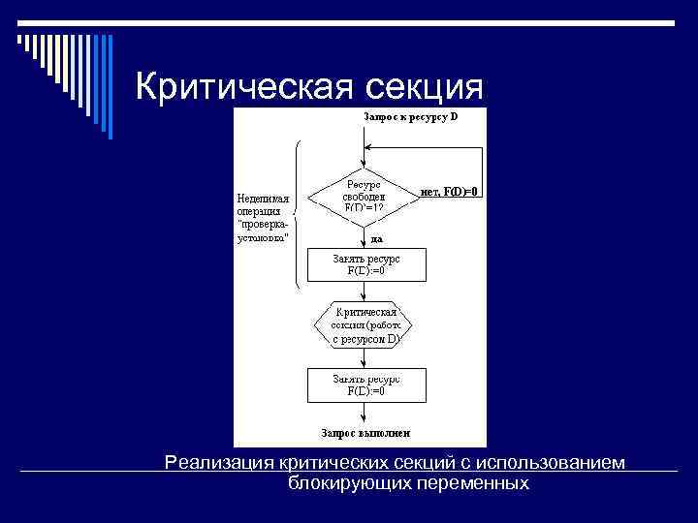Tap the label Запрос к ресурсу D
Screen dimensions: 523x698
pyautogui.click(x=409, y=116)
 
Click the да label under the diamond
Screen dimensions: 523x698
pyautogui.click(x=376, y=238)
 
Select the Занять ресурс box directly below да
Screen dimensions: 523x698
pyautogui.click(x=365, y=264)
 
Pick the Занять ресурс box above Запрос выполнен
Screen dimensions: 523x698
pyautogui.click(x=365, y=385)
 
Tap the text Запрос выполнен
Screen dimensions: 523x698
pyautogui.click(x=366, y=432)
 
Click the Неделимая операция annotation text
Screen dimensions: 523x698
pyautogui.click(x=263, y=219)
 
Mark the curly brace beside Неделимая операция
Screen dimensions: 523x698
pyautogui.click(x=296, y=215)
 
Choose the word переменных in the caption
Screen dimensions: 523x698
pyautogui.click(x=473, y=481)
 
